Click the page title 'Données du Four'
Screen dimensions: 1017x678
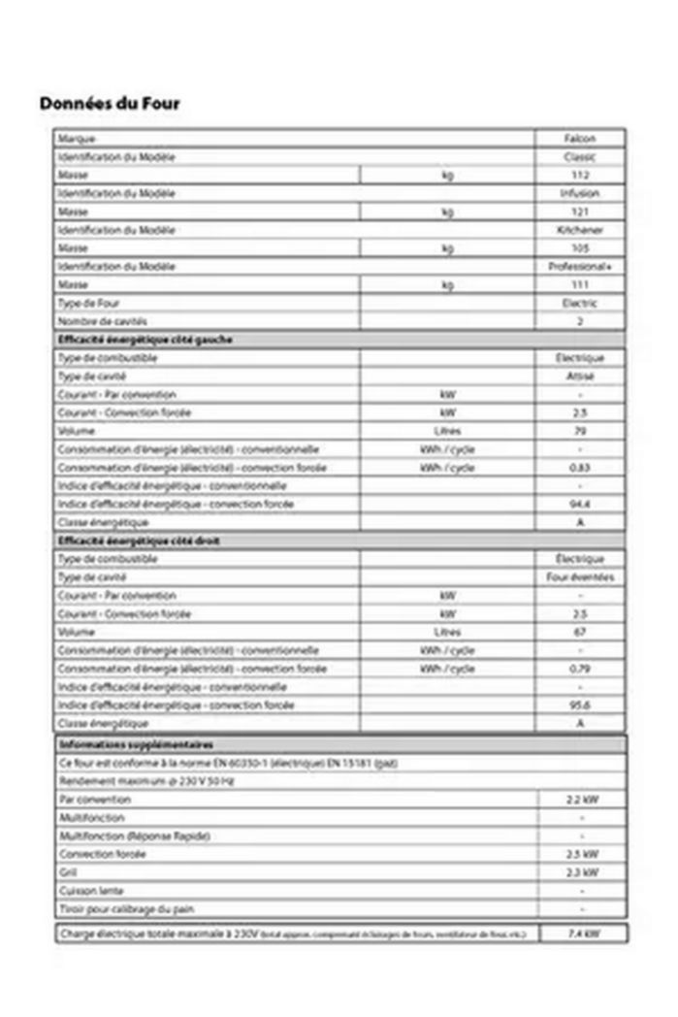(x=110, y=103)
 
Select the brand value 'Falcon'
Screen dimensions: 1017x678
(x=580, y=139)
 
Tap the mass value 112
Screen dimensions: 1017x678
(x=580, y=176)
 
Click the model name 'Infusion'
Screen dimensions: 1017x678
(x=580, y=194)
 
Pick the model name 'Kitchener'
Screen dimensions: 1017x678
(x=580, y=230)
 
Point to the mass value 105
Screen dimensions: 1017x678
(x=580, y=248)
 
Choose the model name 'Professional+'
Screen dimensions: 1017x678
(x=580, y=267)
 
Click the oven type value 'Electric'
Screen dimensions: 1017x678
(x=580, y=304)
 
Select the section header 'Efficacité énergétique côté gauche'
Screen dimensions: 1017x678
(x=145, y=340)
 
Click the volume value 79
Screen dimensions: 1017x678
(x=580, y=431)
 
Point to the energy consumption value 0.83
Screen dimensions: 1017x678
(x=580, y=468)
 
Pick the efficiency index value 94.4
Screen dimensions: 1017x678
(x=580, y=505)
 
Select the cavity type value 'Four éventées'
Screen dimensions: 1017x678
(x=580, y=577)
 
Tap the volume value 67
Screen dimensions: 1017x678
(x=580, y=632)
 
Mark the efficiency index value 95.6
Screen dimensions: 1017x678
(x=580, y=705)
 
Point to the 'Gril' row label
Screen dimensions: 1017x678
(x=67, y=872)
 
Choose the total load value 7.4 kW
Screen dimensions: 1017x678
(x=583, y=934)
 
